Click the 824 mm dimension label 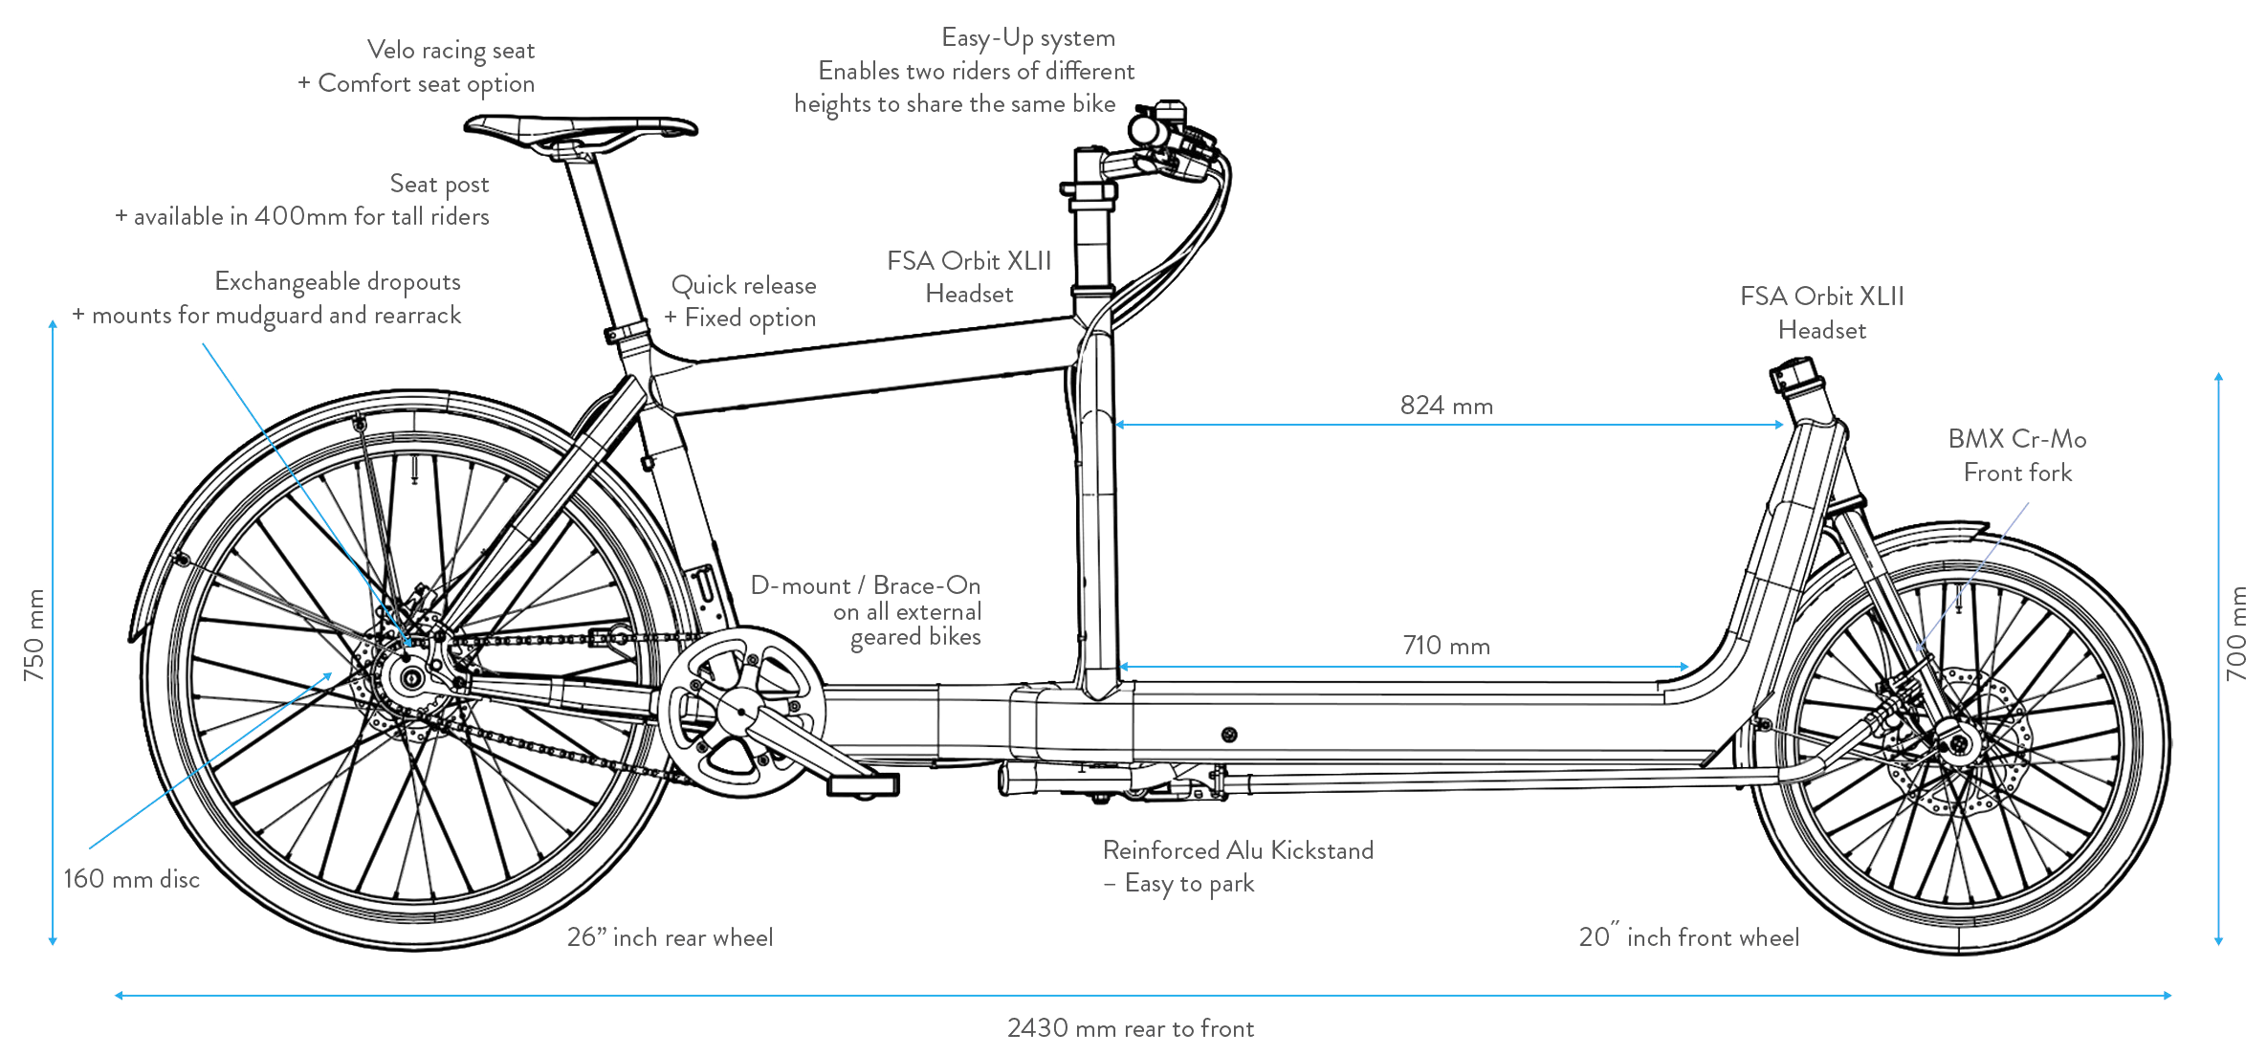tap(1446, 406)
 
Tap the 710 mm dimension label tap(1446, 647)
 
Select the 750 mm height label tap(34, 634)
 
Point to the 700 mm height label tap(2235, 633)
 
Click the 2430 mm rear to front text tap(1131, 1028)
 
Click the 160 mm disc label tap(131, 879)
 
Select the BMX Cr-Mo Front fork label tap(2017, 455)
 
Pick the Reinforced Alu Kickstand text tap(1238, 850)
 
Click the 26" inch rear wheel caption tap(670, 937)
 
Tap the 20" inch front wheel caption tap(1689, 937)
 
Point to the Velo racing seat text tap(451, 50)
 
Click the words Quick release tap(743, 285)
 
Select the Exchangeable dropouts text tap(338, 281)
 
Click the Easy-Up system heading tap(1028, 38)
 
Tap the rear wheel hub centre tap(411, 679)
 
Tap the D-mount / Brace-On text tap(866, 585)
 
